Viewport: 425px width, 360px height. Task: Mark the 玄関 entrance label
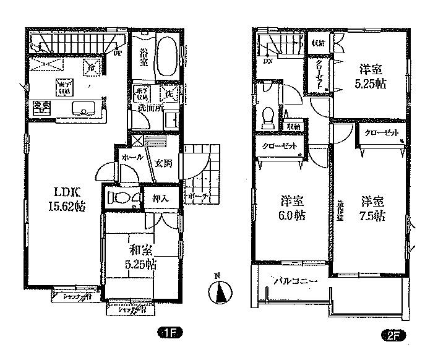point(163,163)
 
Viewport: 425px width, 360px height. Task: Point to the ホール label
point(131,157)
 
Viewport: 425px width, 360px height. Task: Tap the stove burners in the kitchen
point(41,108)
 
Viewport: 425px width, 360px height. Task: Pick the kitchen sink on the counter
point(82,109)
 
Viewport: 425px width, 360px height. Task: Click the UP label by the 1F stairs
point(117,54)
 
